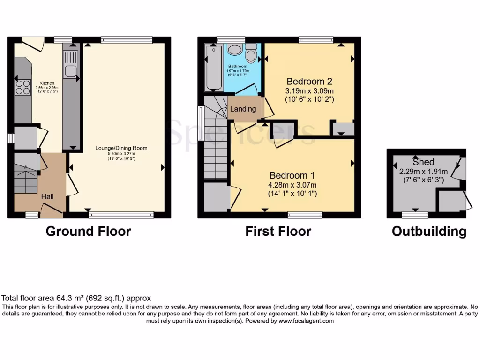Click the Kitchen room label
pos(47,83)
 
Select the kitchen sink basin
pos(71,71)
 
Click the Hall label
pos(47,196)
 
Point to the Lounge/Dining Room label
pos(121,148)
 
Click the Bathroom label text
pos(237,67)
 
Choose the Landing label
pos(243,109)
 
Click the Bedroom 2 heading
pos(310,80)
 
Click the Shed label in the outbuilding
pos(423,162)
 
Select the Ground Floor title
pos(88,231)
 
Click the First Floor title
pos(278,231)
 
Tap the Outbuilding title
pos(429,231)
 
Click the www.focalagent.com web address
pos(306,321)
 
